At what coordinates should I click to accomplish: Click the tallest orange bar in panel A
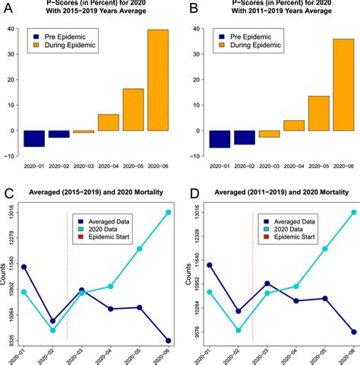click(157, 80)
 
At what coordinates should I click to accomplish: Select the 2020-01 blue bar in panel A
click(34, 138)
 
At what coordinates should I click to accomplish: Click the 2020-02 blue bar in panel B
click(244, 137)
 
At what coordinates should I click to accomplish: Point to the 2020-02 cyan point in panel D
click(238, 330)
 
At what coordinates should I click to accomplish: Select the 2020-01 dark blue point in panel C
click(24, 267)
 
